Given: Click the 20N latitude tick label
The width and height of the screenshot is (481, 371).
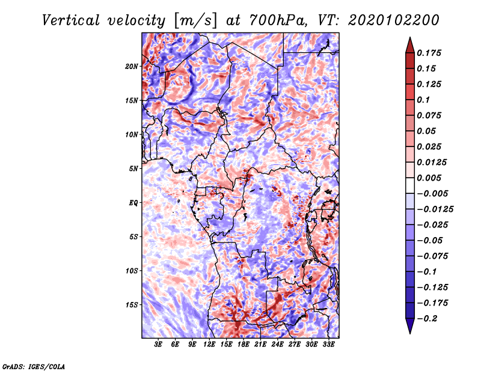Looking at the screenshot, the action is click(x=132, y=67).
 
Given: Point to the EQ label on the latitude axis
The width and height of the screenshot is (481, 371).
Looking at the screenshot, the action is click(x=133, y=203).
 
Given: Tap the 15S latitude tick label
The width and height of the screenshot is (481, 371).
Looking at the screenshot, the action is click(x=132, y=305).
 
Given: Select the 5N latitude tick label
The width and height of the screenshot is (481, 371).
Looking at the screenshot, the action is click(x=133, y=169).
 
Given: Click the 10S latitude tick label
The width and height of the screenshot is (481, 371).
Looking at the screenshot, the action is click(x=132, y=271).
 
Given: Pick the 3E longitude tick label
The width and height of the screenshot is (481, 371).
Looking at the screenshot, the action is click(x=158, y=344).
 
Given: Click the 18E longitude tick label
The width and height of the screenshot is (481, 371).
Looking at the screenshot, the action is click(x=244, y=344).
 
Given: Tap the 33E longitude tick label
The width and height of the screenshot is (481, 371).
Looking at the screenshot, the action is click(x=328, y=344).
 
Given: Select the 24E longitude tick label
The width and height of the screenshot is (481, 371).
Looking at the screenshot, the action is click(x=277, y=344).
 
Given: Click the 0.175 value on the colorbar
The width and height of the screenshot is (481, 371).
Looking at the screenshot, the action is click(x=429, y=53).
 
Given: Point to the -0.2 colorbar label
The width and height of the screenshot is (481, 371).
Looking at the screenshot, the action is click(x=427, y=319).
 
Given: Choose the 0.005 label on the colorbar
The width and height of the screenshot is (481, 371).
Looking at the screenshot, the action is click(x=429, y=178).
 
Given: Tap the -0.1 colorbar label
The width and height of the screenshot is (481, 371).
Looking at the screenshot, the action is click(x=427, y=272).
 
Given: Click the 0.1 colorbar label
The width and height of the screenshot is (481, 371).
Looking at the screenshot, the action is click(x=423, y=100).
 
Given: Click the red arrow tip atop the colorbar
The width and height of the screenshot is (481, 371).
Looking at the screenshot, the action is click(x=410, y=37).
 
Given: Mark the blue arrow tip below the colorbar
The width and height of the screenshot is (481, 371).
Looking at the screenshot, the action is click(x=410, y=333).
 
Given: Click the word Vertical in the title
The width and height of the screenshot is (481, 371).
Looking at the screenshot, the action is click(x=71, y=20).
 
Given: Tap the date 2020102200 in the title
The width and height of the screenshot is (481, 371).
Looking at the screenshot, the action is click(x=394, y=20).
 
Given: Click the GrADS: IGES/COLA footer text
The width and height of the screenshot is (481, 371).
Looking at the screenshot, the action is click(x=34, y=366).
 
